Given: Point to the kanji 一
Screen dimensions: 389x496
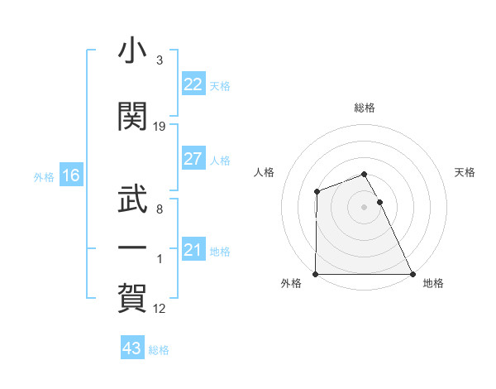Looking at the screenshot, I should pyautogui.click(x=132, y=247).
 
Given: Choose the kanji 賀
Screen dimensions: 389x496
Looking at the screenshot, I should pyautogui.click(x=132, y=296).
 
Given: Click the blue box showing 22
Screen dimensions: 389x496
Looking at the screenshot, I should pyautogui.click(x=193, y=84).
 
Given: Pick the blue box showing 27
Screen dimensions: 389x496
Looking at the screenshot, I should pyautogui.click(x=193, y=159).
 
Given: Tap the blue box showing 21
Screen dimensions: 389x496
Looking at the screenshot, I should pyautogui.click(x=193, y=250).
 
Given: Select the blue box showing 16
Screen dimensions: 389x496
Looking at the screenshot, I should pyautogui.click(x=70, y=175).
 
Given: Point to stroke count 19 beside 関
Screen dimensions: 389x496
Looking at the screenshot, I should pyautogui.click(x=160, y=127).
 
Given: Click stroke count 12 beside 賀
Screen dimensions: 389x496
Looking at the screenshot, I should pyautogui.click(x=160, y=309).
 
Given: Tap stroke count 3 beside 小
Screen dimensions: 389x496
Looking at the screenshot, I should pyautogui.click(x=160, y=60).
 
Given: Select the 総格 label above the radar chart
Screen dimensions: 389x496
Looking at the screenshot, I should pyautogui.click(x=365, y=108).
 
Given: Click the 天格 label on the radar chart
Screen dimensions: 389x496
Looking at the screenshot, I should pyautogui.click(x=465, y=172).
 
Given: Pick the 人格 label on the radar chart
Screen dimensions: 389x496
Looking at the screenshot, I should pyautogui.click(x=264, y=172).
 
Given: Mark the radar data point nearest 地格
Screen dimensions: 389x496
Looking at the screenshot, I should pyautogui.click(x=413, y=274).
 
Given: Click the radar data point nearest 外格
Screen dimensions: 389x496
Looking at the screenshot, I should pyautogui.click(x=316, y=274).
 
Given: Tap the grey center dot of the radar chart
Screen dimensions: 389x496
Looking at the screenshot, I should pyautogui.click(x=365, y=207).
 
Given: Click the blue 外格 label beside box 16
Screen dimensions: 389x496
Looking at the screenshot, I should pyautogui.click(x=44, y=176).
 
